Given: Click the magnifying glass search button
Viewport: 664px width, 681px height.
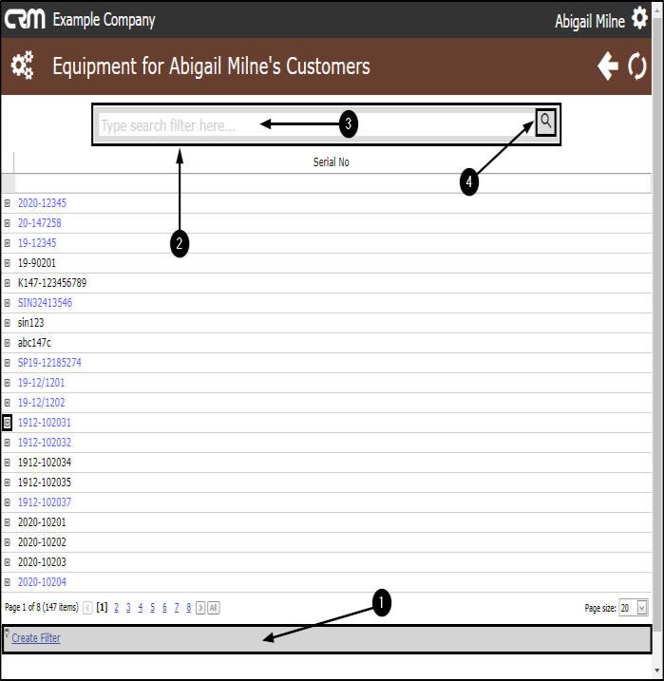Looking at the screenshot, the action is point(545,122).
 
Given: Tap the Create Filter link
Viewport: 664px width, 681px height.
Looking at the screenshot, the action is point(36,637).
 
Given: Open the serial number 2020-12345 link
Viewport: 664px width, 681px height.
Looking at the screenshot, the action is point(42,203).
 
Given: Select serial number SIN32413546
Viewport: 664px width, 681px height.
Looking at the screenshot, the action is point(46,303).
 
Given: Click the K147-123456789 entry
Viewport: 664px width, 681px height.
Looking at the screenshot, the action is point(52,283).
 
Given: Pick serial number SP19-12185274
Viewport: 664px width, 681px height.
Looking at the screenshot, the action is point(49,363).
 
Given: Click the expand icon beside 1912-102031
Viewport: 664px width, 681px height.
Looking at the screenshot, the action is point(7,422).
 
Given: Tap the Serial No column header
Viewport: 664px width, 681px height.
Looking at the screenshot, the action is point(331,162).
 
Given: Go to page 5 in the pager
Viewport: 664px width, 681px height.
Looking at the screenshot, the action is point(152,608).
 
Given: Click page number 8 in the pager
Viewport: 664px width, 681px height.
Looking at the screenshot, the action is point(188,608).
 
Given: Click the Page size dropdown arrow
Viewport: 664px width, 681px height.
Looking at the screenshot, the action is point(642,608).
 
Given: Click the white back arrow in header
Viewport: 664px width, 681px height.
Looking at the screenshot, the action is point(608,66).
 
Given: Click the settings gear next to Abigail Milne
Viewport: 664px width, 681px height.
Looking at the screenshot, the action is point(639,18).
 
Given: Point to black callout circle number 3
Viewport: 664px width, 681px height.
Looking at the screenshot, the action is point(349,123).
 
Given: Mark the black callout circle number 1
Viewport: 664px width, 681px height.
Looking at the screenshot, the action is point(382,602).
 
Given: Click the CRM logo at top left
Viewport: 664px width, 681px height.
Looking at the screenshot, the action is point(25,20).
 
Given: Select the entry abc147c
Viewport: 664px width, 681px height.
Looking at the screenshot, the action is point(34,343).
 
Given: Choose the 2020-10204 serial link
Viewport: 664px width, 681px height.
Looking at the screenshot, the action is point(42,582).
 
